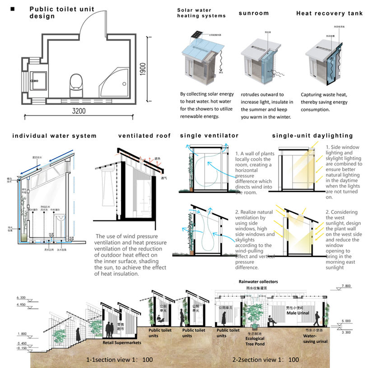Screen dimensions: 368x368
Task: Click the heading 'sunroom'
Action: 254,13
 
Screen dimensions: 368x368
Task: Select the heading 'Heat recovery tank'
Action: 329,14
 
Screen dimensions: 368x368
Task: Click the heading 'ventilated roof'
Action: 144,135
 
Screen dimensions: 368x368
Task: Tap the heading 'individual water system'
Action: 54,135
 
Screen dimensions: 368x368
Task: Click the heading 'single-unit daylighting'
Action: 312,135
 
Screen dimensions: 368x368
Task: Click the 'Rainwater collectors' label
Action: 258,282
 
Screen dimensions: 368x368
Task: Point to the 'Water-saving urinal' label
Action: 314,339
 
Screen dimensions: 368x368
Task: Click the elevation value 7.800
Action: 347,286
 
